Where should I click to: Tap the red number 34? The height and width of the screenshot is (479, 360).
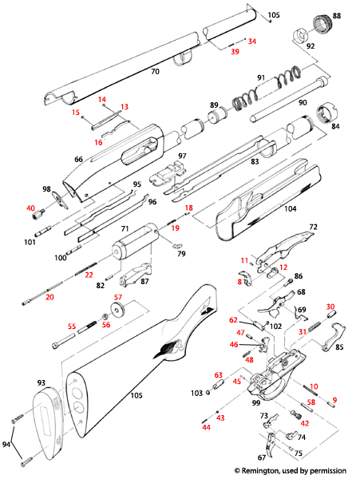(x=252, y=41)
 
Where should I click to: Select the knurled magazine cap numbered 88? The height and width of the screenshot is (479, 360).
(x=324, y=24)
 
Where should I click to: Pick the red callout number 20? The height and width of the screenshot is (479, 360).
(x=49, y=297)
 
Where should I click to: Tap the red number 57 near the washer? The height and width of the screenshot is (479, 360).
(x=118, y=297)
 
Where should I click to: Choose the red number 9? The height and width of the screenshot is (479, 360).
(x=334, y=400)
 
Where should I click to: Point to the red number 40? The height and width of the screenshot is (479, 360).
(x=31, y=208)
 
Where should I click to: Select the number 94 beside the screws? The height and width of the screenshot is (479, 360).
(x=7, y=443)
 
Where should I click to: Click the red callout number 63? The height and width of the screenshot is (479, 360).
(x=217, y=374)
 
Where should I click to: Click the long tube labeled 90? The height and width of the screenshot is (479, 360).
(x=287, y=105)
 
